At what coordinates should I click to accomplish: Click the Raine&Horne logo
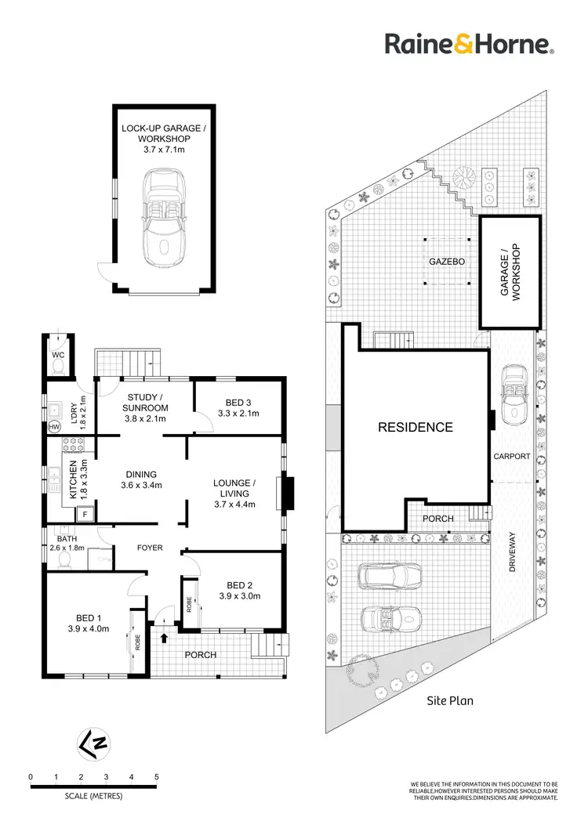[469, 44]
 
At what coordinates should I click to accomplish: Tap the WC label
[57, 354]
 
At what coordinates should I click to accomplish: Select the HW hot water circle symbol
[54, 427]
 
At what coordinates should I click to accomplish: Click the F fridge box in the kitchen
[84, 515]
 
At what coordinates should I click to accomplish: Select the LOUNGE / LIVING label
[234, 488]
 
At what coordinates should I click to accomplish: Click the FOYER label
[149, 548]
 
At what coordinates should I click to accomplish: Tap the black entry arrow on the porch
[164, 638]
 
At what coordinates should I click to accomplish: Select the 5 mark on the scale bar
[156, 776]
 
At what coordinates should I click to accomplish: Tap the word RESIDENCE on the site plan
[416, 428]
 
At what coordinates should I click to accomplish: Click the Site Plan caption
[449, 701]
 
